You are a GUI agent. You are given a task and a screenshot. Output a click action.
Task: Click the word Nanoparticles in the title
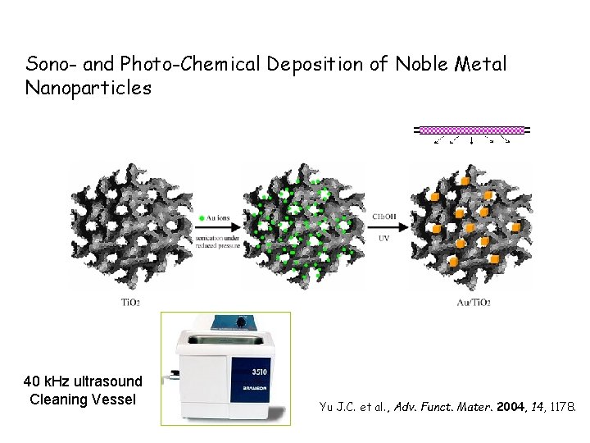88,88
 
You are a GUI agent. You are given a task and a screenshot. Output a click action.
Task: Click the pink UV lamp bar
471,130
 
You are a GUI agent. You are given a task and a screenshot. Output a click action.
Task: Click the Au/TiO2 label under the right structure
473,303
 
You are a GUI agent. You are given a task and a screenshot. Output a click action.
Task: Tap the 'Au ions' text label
220,217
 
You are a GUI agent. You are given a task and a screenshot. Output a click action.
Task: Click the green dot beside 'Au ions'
202,217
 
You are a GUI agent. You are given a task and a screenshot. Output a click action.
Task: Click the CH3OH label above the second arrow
384,217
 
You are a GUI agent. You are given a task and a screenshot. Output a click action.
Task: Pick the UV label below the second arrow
383,239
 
